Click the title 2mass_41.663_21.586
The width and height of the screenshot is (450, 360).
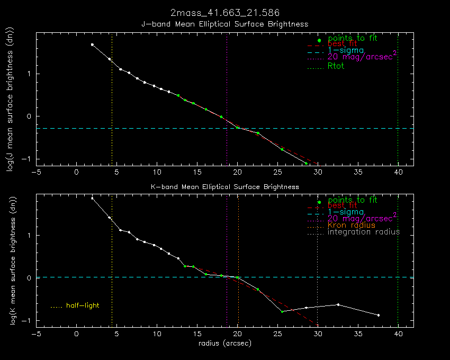[225, 12]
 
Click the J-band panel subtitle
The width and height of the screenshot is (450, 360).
[225, 24]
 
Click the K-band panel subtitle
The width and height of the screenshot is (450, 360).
[225, 187]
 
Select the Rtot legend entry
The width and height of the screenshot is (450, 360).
[336, 67]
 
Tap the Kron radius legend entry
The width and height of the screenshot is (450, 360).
[352, 225]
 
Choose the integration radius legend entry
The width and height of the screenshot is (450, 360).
[364, 232]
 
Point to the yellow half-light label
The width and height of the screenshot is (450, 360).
[83, 305]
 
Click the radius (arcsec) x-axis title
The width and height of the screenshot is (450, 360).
[225, 343]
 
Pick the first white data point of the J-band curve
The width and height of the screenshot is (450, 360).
[92, 45]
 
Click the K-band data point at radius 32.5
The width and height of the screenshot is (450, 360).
[338, 304]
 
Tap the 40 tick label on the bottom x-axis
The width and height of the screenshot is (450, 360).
[398, 334]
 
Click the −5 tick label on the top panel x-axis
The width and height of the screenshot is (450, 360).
[36, 173]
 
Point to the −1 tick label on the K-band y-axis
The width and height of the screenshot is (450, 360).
[26, 321]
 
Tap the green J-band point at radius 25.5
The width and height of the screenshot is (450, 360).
[282, 149]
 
